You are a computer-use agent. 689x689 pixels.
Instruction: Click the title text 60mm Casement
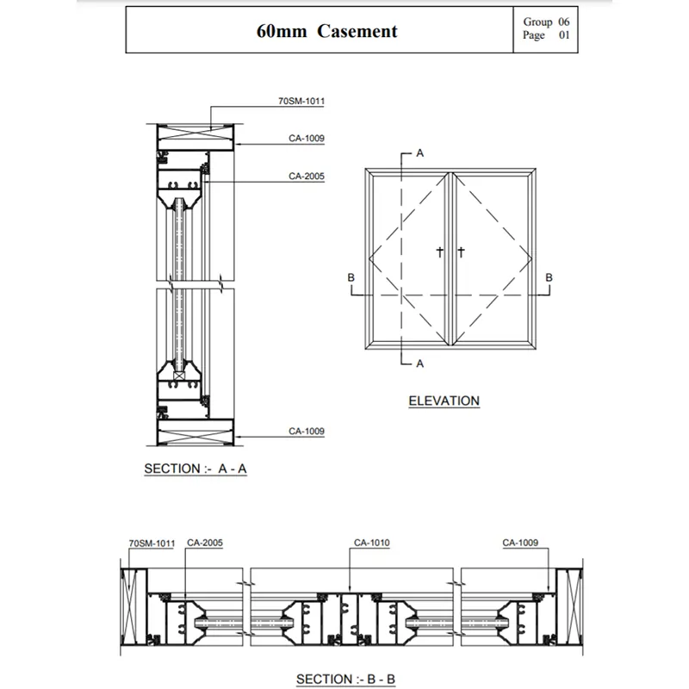[327, 32]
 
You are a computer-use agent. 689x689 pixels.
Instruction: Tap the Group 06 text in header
[546, 22]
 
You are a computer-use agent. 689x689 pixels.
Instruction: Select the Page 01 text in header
[546, 36]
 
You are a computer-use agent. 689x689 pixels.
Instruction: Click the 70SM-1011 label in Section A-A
[301, 101]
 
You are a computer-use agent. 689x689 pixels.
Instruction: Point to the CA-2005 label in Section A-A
[307, 175]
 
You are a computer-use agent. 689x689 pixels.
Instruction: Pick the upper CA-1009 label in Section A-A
[307, 138]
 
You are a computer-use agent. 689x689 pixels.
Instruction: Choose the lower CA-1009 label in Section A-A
[307, 431]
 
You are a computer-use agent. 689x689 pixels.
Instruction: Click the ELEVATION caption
[444, 400]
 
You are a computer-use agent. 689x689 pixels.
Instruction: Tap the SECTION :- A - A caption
[196, 469]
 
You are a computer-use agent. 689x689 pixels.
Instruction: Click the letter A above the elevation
[420, 152]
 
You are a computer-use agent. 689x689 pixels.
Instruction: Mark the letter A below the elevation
[420, 363]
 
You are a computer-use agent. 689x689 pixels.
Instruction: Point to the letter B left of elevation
[351, 277]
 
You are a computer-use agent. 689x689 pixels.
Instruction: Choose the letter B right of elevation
[549, 277]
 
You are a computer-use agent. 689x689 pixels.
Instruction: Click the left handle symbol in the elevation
[439, 252]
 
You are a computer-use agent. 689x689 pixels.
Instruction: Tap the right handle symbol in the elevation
[461, 252]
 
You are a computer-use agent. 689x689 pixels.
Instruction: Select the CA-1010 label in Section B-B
[372, 543]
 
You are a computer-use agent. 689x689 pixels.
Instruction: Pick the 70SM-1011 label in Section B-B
[152, 543]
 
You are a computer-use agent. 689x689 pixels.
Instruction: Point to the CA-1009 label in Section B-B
[520, 543]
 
